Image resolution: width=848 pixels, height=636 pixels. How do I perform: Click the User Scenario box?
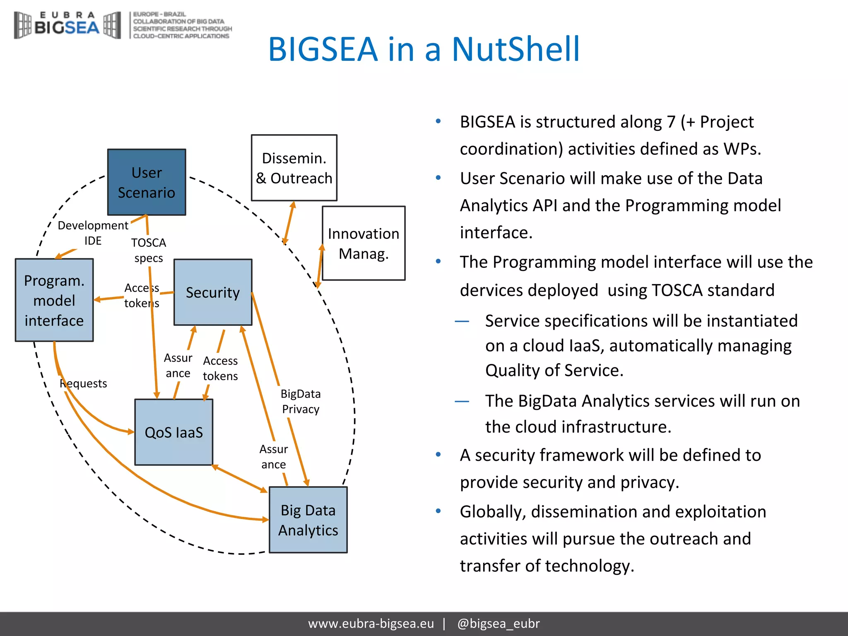coord(147,182)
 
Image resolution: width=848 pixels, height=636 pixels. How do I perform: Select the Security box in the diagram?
coord(213,292)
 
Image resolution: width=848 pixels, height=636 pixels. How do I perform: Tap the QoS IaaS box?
coord(173,432)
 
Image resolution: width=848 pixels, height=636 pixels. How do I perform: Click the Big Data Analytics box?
coord(308,520)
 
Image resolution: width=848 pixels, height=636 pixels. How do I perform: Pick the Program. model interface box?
coord(54,300)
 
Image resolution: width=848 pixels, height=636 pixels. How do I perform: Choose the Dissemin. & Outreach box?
coord(294,168)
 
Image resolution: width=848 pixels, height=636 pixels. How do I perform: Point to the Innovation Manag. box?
coord(364,243)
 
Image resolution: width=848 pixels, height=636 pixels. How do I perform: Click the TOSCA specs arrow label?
coord(149,250)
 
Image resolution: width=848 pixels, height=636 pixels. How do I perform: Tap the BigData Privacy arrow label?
coord(301,401)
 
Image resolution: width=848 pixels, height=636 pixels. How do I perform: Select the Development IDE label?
coord(93,233)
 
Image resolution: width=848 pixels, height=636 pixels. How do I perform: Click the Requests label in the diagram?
coord(84,383)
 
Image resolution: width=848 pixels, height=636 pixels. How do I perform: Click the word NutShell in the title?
coord(516,49)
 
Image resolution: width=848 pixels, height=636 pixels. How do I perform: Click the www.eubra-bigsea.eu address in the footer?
coord(371,624)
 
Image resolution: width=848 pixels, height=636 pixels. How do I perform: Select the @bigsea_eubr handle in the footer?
coord(499,624)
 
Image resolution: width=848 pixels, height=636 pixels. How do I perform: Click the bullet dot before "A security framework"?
coord(438,455)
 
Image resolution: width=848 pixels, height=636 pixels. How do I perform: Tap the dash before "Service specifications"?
coord(462,321)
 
